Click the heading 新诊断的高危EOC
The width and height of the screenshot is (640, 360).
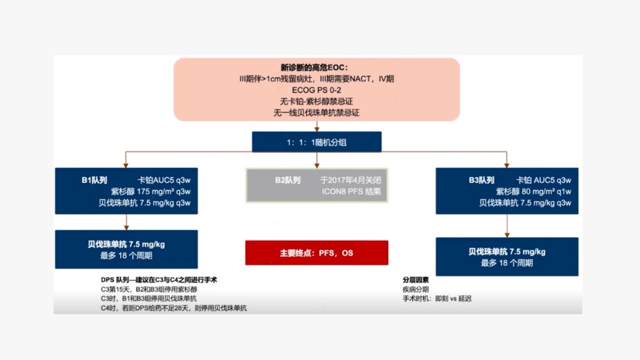point(314,67)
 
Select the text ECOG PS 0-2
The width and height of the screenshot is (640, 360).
point(316,90)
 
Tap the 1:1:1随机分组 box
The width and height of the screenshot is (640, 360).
point(316,142)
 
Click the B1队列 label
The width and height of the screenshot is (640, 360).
point(94,180)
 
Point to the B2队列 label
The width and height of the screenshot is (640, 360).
point(287,180)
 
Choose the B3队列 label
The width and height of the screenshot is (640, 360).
point(481,180)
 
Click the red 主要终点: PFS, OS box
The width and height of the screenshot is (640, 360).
point(316,253)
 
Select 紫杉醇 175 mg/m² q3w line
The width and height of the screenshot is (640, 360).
point(150,191)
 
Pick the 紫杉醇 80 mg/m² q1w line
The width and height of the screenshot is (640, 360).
point(533,191)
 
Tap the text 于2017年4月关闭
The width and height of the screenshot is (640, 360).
point(350,180)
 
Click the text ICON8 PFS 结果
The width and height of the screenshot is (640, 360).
point(351,191)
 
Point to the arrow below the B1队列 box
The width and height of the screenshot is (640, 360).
point(126,222)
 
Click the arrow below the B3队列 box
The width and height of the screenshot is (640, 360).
point(507,225)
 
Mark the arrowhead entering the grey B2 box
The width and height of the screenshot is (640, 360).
point(316,165)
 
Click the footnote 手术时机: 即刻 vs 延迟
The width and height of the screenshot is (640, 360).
point(437,299)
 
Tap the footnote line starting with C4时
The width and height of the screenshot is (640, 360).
point(173,308)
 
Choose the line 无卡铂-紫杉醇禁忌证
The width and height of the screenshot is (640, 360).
point(316,101)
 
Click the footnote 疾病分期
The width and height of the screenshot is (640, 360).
point(415,289)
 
